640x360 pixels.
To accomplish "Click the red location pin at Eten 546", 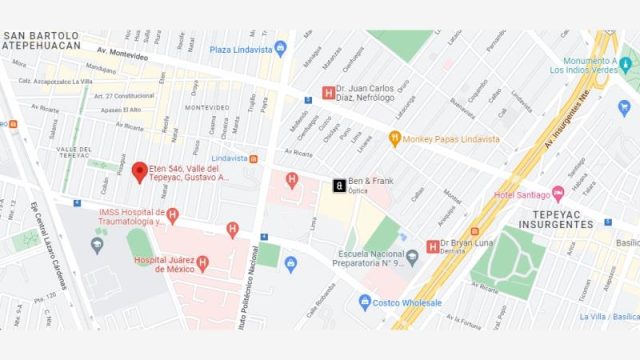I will tap(140, 172).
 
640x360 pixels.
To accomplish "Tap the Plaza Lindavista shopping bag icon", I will tap(281, 47).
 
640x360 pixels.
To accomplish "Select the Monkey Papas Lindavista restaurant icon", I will tap(395, 139).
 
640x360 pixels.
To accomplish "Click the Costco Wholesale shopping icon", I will tap(366, 301).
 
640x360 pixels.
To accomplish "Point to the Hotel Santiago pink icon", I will tap(558, 193).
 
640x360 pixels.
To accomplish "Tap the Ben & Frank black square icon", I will tap(340, 185).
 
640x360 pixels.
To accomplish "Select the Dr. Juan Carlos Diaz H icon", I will tap(327, 94).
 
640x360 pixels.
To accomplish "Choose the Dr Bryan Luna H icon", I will tap(433, 244).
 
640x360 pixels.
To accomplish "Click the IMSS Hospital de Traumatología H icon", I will tap(173, 216).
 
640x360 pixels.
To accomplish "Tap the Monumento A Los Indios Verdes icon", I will tap(627, 65).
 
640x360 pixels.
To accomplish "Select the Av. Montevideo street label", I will tap(122, 50).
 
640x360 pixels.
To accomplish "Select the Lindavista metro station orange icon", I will tap(254, 158).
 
